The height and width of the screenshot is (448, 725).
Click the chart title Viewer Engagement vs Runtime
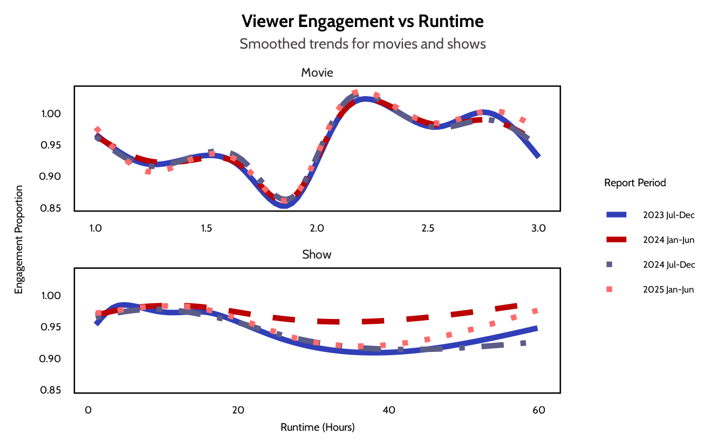tap(362, 22)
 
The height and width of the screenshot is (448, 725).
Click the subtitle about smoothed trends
tap(362, 44)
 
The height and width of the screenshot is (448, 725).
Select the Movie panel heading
tap(317, 72)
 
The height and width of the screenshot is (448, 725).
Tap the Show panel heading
tap(317, 254)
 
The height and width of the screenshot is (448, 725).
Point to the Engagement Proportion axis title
tap(19, 240)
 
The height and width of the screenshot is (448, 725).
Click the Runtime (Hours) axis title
tap(317, 427)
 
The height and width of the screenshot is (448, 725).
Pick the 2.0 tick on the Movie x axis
tap(317, 228)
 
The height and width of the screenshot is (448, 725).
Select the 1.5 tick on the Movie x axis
tap(206, 228)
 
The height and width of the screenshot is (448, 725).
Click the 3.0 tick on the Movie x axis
tap(538, 228)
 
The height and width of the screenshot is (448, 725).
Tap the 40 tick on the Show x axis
tap(389, 410)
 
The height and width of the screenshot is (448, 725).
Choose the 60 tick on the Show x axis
tap(539, 410)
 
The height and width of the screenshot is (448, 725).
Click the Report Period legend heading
tap(635, 182)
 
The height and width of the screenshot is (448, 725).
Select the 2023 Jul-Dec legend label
tap(668, 215)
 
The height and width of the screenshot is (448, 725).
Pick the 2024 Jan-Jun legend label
tap(668, 240)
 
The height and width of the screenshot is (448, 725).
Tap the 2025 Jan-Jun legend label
tap(668, 289)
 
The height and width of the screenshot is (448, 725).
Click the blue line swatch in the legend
tap(616, 215)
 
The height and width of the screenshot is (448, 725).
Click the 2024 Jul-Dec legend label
tap(669, 264)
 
